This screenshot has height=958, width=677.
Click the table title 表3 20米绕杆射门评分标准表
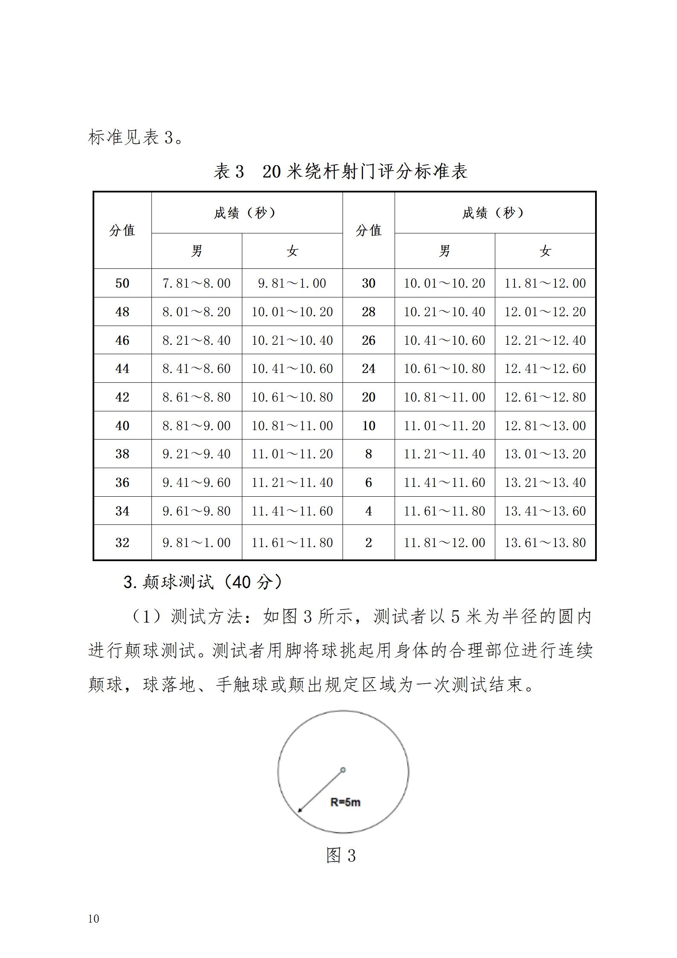click(340, 172)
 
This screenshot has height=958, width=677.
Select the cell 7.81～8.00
click(196, 283)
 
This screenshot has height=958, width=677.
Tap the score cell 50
click(122, 283)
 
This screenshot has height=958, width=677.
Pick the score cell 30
click(369, 283)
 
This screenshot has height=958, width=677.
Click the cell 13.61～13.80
click(545, 543)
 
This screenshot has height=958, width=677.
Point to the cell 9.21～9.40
click(196, 454)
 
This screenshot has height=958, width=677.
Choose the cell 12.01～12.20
click(545, 312)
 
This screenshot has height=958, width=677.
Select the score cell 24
click(369, 369)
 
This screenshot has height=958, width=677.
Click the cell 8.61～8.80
click(196, 397)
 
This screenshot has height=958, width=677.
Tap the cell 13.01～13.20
click(545, 454)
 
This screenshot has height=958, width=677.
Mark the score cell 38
click(122, 454)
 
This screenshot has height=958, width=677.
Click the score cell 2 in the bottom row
click(369, 543)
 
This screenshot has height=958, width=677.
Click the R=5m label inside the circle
click(346, 802)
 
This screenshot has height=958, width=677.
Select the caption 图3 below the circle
click(340, 856)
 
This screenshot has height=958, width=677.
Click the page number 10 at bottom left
click(93, 919)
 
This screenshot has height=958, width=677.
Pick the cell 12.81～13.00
click(545, 426)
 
